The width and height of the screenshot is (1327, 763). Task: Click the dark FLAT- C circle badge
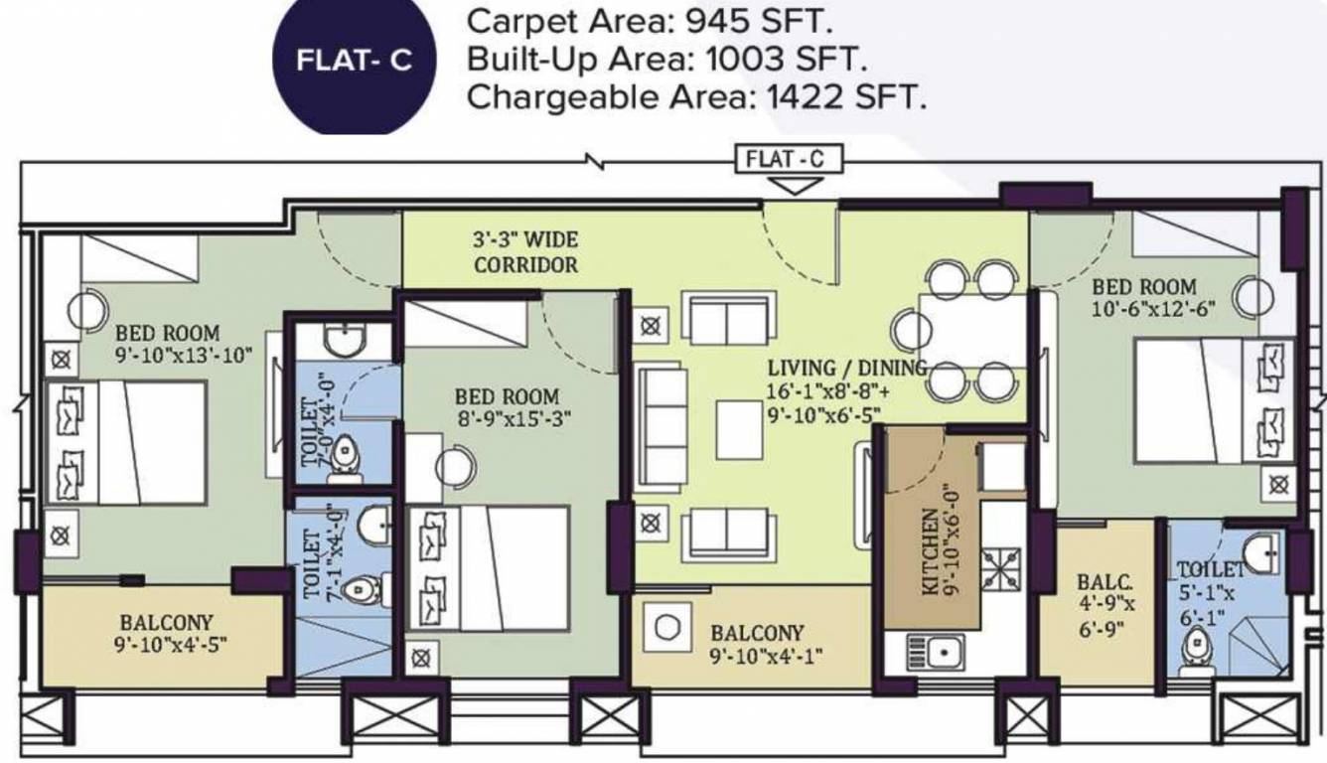click(x=354, y=62)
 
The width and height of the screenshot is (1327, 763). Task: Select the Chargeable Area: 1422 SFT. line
click(x=696, y=98)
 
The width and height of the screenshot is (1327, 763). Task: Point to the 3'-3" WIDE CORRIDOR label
click(x=525, y=253)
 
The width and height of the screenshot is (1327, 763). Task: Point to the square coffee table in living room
click(x=739, y=428)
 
